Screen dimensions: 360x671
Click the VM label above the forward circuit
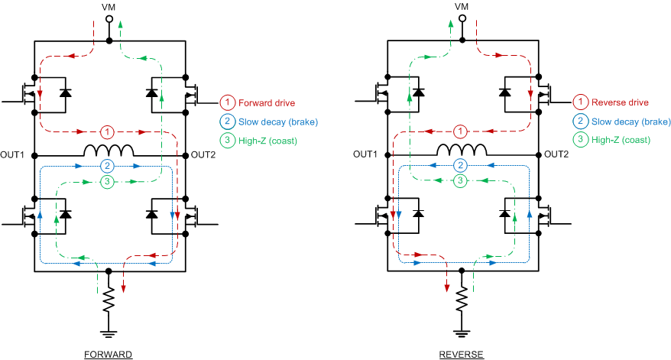pos(109,6)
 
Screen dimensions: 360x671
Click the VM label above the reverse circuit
pos(461,6)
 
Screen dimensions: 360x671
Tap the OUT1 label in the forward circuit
pos(13,154)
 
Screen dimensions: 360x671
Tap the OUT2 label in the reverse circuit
pos(556,154)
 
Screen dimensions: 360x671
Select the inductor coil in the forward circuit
pos(109,150)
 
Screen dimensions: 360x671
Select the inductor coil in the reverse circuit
pos(461,150)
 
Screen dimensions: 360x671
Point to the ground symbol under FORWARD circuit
pos(109,333)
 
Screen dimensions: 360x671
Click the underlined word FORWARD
pos(109,355)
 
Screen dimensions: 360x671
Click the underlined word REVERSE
pos(461,355)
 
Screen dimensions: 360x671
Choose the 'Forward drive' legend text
pos(266,102)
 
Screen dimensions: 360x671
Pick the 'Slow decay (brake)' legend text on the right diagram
pos(630,122)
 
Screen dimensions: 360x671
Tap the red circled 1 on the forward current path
pos(109,130)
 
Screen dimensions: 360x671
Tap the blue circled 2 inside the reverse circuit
pos(460,165)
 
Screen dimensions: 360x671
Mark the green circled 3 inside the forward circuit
pos(109,181)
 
